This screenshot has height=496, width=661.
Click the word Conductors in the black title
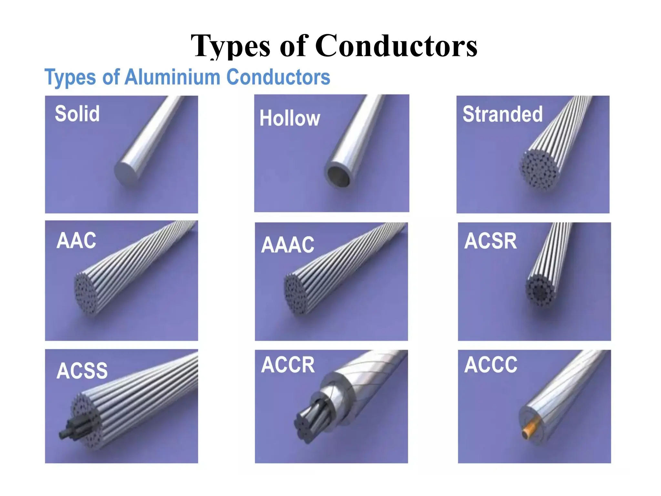pyautogui.click(x=396, y=46)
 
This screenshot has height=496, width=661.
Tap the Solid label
pyautogui.click(x=77, y=114)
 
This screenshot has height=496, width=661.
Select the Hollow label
pyautogui.click(x=290, y=118)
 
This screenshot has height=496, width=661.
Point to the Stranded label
pyautogui.click(x=503, y=114)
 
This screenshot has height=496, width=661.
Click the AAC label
pyautogui.click(x=76, y=241)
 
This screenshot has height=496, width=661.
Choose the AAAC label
pyautogui.click(x=288, y=245)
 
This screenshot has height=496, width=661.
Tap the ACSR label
pyautogui.click(x=490, y=241)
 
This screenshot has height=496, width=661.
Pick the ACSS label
pyautogui.click(x=82, y=371)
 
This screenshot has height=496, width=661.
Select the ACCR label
pyautogui.click(x=288, y=365)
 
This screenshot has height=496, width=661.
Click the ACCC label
pyautogui.click(x=491, y=365)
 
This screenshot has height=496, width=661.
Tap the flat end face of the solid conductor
pyautogui.click(x=126, y=174)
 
